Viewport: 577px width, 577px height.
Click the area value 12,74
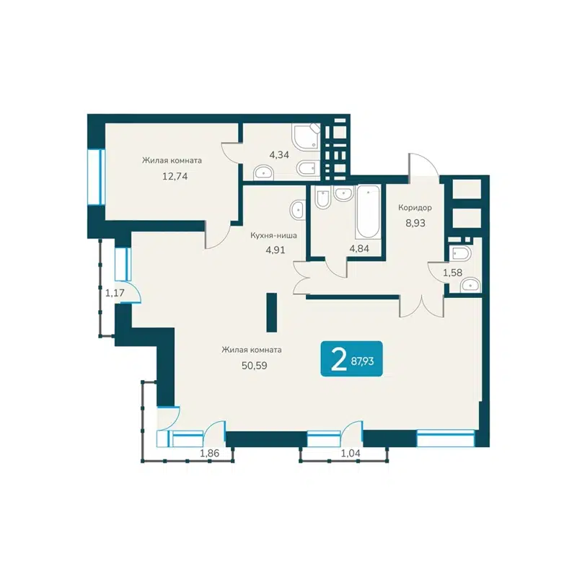[171, 175]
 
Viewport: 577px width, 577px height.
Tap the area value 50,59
[251, 364]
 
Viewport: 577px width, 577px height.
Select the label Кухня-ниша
[273, 235]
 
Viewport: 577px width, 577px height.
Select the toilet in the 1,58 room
[459, 254]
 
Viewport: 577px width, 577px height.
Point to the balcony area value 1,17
[113, 293]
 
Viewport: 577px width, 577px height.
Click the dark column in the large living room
[271, 312]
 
